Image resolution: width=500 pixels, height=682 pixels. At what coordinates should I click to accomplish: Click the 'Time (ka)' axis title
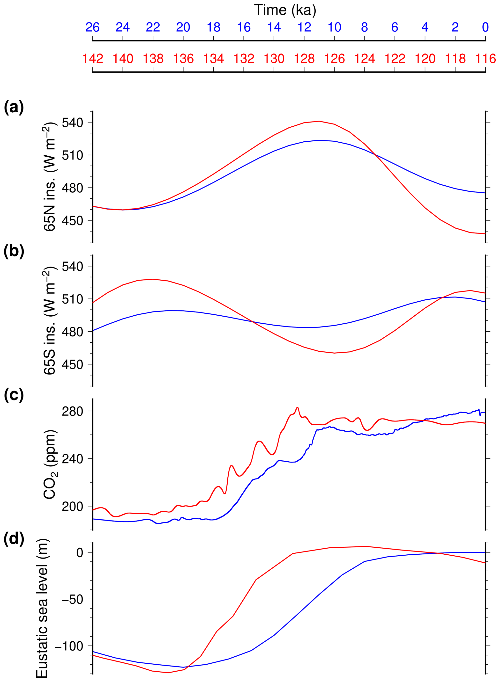tap(285, 10)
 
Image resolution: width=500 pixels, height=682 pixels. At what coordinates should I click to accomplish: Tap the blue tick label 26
tap(92, 28)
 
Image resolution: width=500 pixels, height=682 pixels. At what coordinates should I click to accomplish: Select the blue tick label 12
tap(304, 28)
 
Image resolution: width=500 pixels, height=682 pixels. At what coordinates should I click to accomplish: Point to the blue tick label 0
tap(485, 28)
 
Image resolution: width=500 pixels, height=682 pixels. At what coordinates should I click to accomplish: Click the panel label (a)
tap(14, 107)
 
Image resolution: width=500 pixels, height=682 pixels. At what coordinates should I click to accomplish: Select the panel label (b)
tap(14, 251)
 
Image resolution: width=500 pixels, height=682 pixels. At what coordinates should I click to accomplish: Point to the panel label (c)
tap(14, 395)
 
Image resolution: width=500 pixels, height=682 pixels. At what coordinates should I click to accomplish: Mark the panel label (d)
tap(14, 539)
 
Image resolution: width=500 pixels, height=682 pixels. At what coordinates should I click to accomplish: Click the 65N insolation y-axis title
tap(50, 177)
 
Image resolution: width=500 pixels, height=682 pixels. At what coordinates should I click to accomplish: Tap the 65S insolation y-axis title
tap(50, 321)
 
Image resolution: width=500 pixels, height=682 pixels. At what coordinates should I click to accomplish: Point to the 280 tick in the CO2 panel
tap(72, 411)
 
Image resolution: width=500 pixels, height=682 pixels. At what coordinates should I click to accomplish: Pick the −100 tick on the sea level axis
tap(68, 646)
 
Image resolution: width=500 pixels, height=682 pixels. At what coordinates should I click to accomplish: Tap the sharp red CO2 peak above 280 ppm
tap(298, 407)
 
